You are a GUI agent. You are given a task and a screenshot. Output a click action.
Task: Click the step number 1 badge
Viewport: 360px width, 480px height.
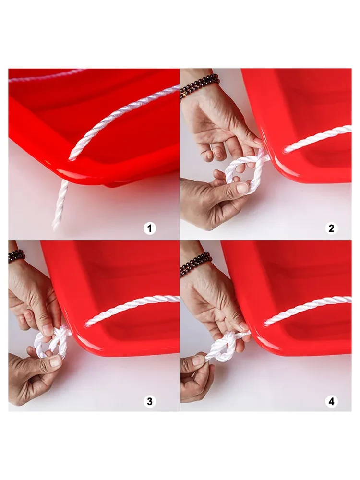click(x=150, y=228)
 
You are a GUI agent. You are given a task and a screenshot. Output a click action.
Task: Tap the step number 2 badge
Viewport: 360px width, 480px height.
click(x=331, y=228)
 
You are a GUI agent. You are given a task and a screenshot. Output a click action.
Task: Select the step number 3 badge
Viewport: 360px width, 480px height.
click(x=150, y=401)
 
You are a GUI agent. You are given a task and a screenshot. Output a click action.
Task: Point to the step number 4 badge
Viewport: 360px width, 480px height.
click(x=331, y=401)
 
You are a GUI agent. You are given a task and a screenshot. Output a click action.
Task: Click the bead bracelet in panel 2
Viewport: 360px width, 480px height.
click(x=199, y=85)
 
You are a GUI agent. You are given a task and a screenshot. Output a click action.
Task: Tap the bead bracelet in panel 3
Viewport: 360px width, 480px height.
click(x=16, y=256)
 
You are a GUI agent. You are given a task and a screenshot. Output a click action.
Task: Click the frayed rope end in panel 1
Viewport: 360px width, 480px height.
click(x=56, y=225)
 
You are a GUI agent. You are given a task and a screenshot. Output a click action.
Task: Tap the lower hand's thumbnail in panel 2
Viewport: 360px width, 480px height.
click(x=242, y=187)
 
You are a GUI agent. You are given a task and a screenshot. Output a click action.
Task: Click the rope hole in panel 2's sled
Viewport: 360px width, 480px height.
click(x=285, y=150)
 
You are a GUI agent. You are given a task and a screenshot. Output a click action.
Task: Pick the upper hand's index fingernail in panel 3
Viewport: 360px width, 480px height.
click(x=48, y=330)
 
